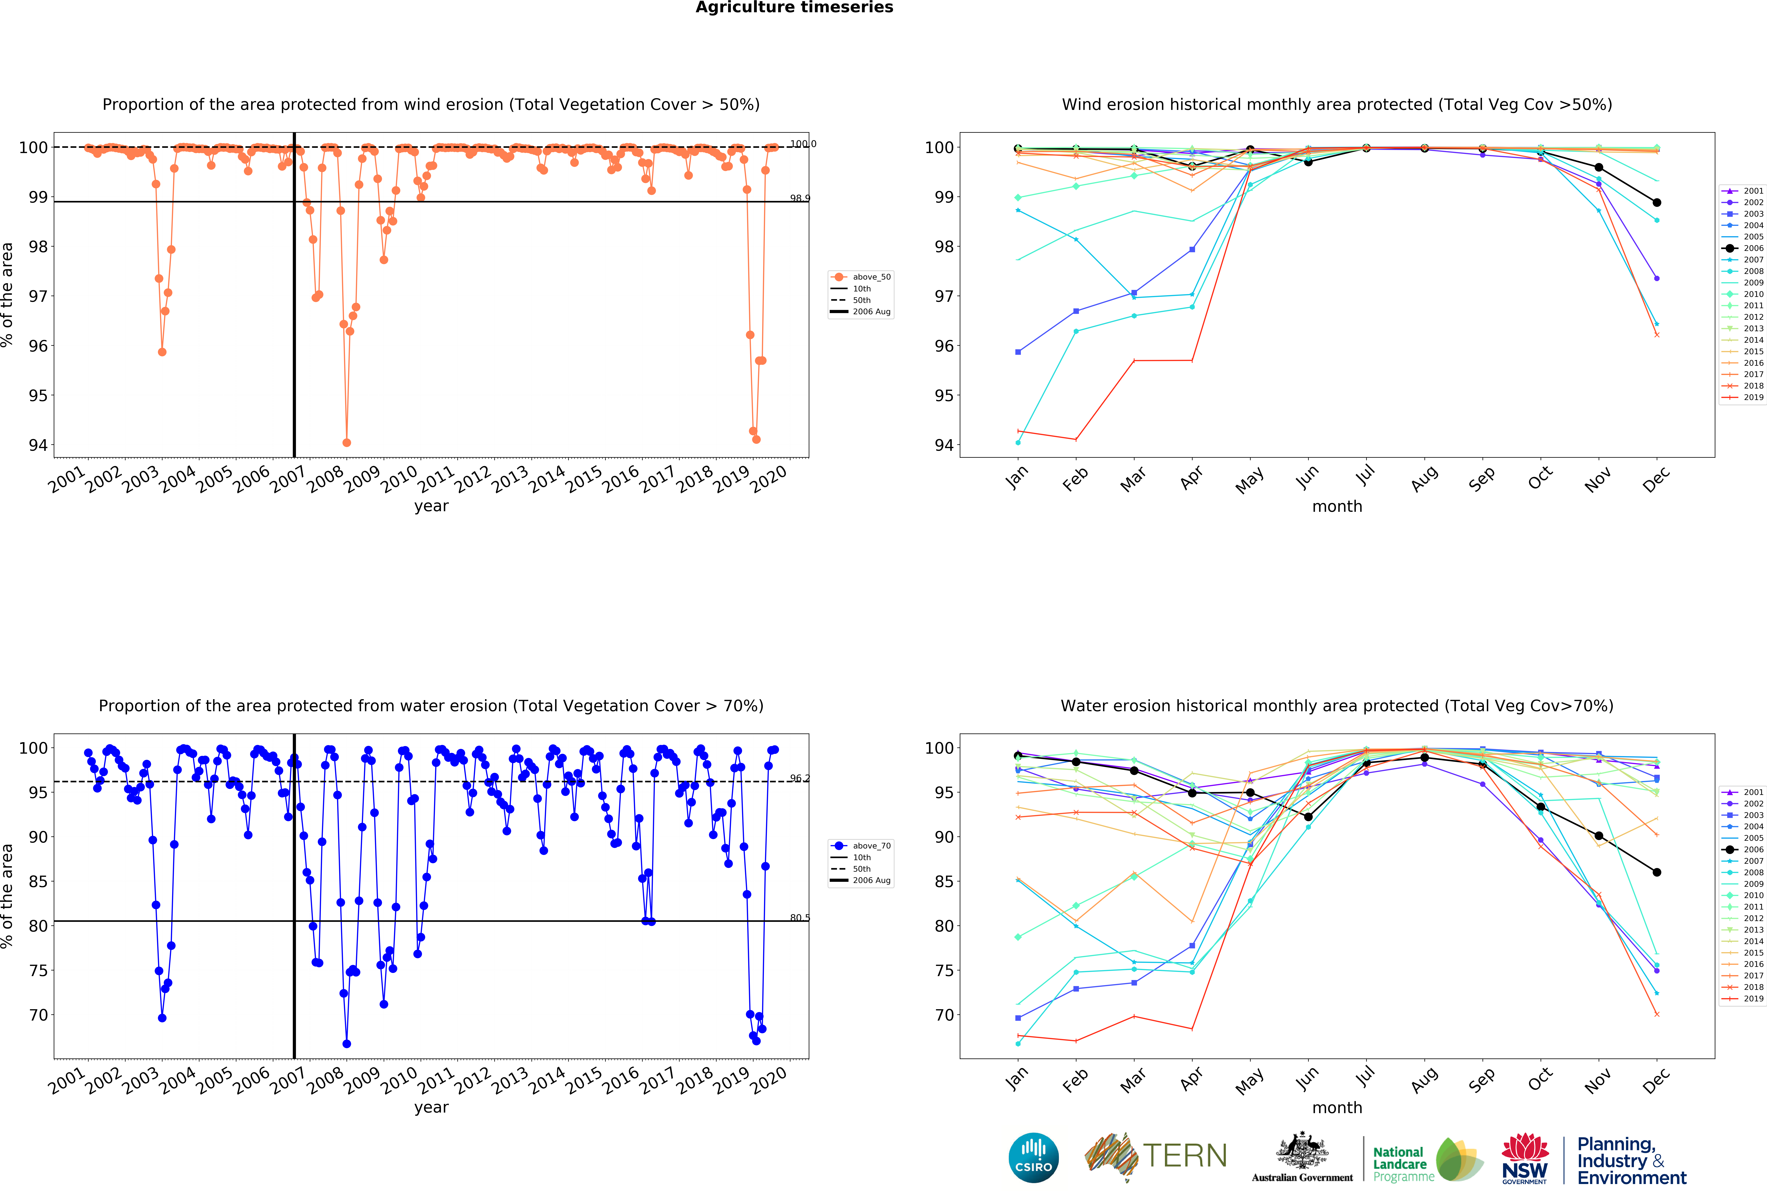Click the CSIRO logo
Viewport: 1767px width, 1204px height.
[1033, 1158]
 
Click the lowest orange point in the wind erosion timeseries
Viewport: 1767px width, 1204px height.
[347, 442]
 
